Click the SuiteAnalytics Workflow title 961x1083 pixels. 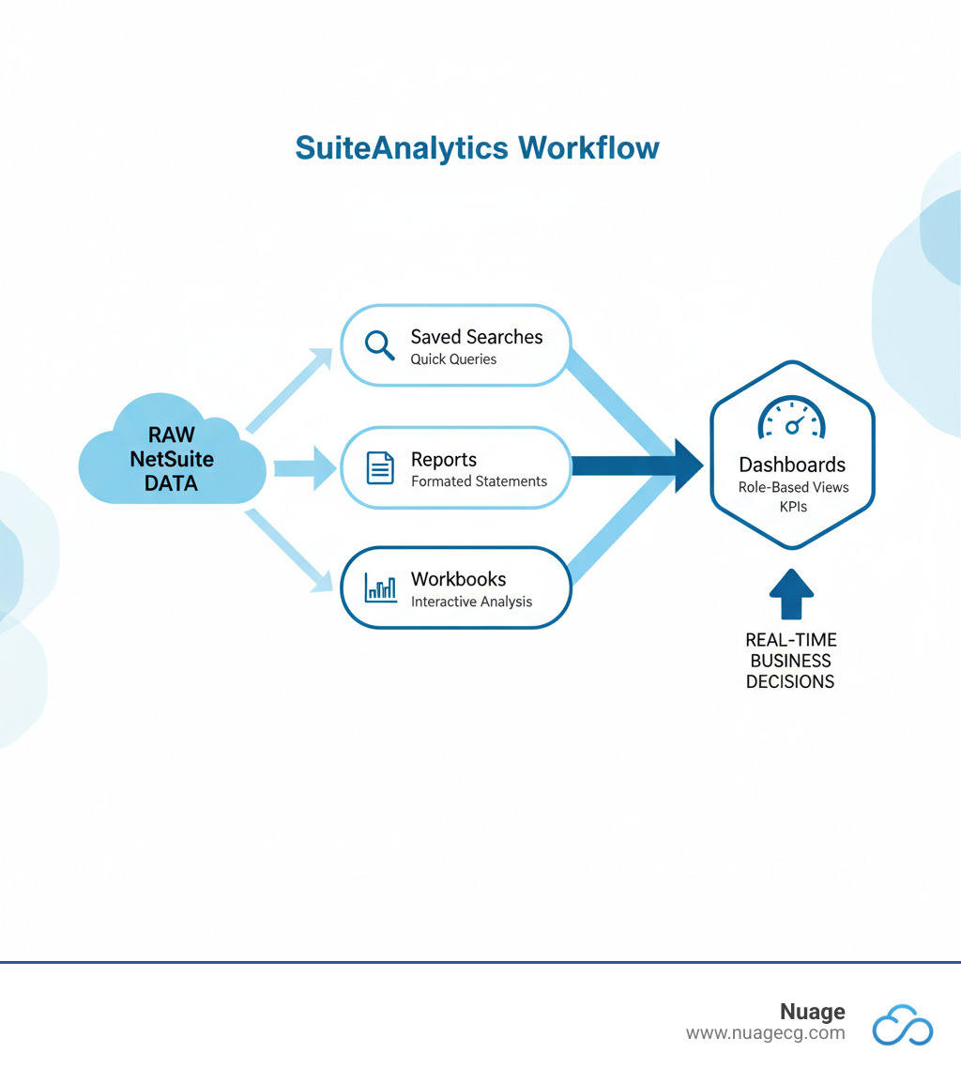pyautogui.click(x=477, y=148)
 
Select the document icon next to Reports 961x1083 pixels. pyautogui.click(x=379, y=467)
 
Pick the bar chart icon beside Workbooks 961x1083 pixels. pyautogui.click(x=379, y=588)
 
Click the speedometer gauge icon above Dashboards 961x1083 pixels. pyautogui.click(x=792, y=418)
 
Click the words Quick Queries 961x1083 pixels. pyautogui.click(x=453, y=359)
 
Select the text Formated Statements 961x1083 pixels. pyautogui.click(x=479, y=481)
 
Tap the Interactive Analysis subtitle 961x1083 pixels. pyautogui.click(x=471, y=602)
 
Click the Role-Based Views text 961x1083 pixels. pyautogui.click(x=792, y=487)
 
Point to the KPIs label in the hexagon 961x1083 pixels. pyautogui.click(x=792, y=507)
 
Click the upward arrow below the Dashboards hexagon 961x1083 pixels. pyautogui.click(x=791, y=594)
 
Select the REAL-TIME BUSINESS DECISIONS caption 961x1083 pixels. pyautogui.click(x=790, y=660)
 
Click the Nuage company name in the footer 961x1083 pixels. pyautogui.click(x=812, y=1012)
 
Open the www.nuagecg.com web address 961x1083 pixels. pyautogui.click(x=765, y=1033)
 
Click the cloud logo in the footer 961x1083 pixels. pyautogui.click(x=903, y=1024)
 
